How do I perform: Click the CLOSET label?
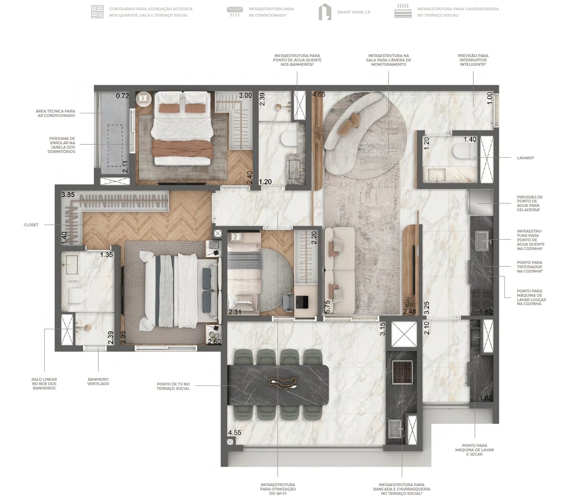[x=31, y=225]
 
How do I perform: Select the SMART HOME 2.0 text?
[x=354, y=12]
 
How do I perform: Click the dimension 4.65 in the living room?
[x=319, y=94]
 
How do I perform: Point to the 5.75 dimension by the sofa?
[x=327, y=305]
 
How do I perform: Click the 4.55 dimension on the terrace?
[x=234, y=432]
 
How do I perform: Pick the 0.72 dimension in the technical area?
[x=122, y=96]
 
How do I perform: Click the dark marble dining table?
[x=278, y=385]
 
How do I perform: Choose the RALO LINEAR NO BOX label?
[x=44, y=383]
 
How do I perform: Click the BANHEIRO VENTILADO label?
[x=98, y=381]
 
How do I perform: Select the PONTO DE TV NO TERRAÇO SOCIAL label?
[x=173, y=386]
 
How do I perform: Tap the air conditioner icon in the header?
[x=235, y=12]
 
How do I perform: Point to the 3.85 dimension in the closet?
[x=68, y=195]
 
